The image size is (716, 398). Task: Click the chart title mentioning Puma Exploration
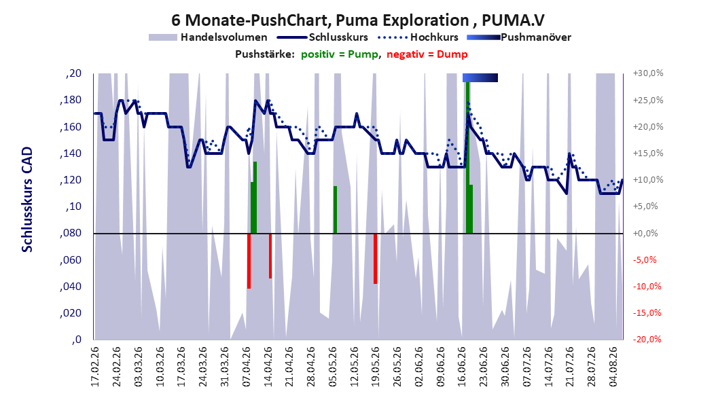pos(357,20)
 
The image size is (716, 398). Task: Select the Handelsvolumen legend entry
pos(209,37)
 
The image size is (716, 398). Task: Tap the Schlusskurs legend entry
pos(323,37)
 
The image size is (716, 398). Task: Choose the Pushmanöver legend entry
pos(519,37)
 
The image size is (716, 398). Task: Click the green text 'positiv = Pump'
pos(340,54)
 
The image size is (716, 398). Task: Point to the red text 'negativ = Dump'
pos(427,54)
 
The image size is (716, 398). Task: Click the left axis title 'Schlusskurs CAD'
pos(27,199)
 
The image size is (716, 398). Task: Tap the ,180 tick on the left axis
pos(71,100)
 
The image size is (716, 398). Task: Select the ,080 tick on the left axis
pos(71,233)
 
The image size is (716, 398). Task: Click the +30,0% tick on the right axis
pos(647,73)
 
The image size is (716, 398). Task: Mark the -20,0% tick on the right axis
pos(647,339)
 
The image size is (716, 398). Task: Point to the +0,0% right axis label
pos(645,233)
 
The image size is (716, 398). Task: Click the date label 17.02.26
pos(94,367)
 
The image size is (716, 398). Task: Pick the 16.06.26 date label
pos(462,367)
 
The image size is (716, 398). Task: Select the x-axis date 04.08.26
pos(613,367)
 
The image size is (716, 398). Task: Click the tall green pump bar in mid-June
pos(468,158)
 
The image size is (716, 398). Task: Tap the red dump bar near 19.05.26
pos(376,259)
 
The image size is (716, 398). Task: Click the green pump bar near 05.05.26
pos(335,209)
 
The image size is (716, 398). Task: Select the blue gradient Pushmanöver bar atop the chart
pos(480,77)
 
